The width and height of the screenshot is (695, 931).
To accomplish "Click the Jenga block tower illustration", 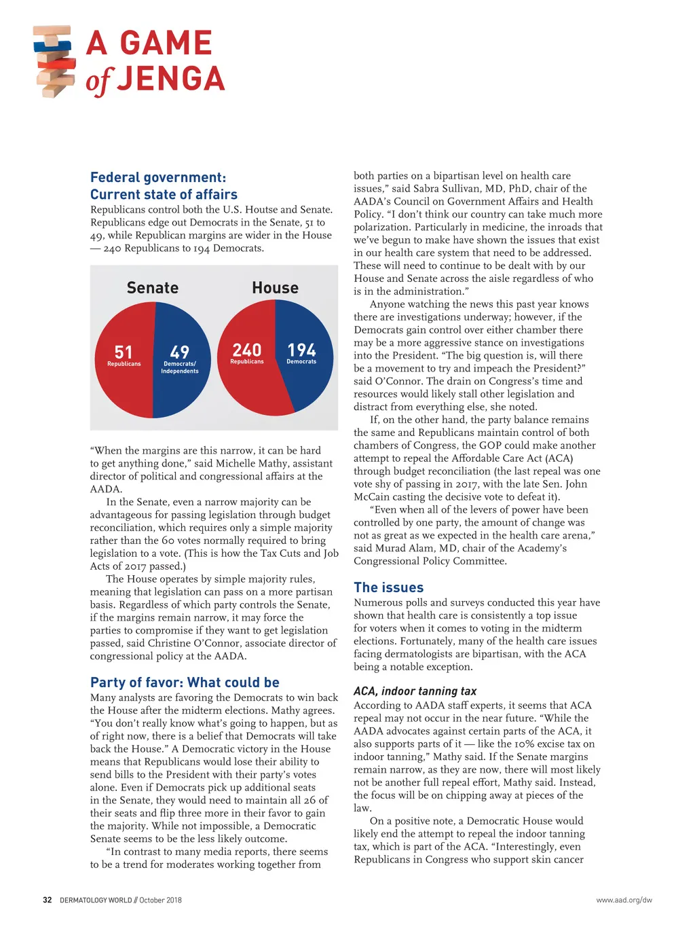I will [54, 62].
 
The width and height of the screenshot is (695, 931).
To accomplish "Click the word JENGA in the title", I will [170, 79].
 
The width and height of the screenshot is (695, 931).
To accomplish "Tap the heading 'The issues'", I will [388, 587].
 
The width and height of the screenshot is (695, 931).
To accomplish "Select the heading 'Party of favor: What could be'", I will [185, 682].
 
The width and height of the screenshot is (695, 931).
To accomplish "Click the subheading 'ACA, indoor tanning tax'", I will [415, 691].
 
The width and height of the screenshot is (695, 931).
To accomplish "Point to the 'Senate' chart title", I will [153, 288].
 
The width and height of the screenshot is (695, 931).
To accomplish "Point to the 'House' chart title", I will [275, 288].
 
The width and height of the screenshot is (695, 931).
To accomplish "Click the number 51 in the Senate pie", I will [124, 352].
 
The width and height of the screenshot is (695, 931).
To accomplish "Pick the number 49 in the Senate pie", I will [180, 352].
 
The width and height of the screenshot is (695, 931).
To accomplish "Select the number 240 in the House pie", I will [247, 350].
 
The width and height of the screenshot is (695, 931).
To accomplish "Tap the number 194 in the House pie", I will [301, 350].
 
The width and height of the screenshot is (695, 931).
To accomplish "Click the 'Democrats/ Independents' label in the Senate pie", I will [180, 367].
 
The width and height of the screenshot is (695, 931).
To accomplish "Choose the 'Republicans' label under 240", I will [247, 362].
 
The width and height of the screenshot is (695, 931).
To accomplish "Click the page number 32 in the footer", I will [47, 900].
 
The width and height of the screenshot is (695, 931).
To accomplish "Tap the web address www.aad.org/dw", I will [624, 900].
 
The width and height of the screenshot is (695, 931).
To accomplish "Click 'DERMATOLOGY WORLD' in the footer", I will [96, 900].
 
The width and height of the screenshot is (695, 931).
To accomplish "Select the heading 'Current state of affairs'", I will [164, 194].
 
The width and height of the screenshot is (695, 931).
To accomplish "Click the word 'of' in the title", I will [98, 81].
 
